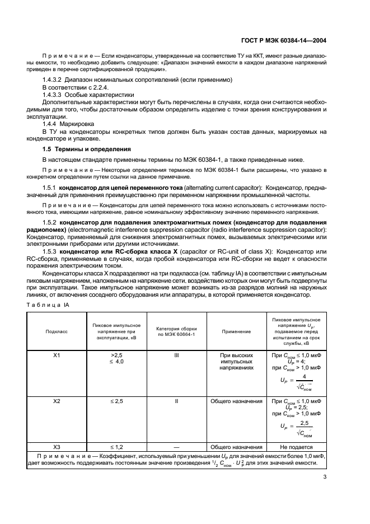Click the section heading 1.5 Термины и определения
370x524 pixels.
pyautogui.click(x=87, y=149)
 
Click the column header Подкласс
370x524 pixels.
pyautogui.click(x=56, y=331)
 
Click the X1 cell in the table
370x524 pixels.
pyautogui.click(x=56, y=355)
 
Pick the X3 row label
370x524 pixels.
pyautogui.click(x=56, y=447)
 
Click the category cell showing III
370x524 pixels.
pyautogui.click(x=176, y=355)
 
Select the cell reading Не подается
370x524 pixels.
pyautogui.click(x=296, y=447)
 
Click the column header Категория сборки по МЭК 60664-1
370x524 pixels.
pyautogui.click(x=176, y=331)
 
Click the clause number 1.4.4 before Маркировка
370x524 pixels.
pyautogui.click(x=52, y=124)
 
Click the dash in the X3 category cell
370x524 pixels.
pyautogui.click(x=176, y=447)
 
